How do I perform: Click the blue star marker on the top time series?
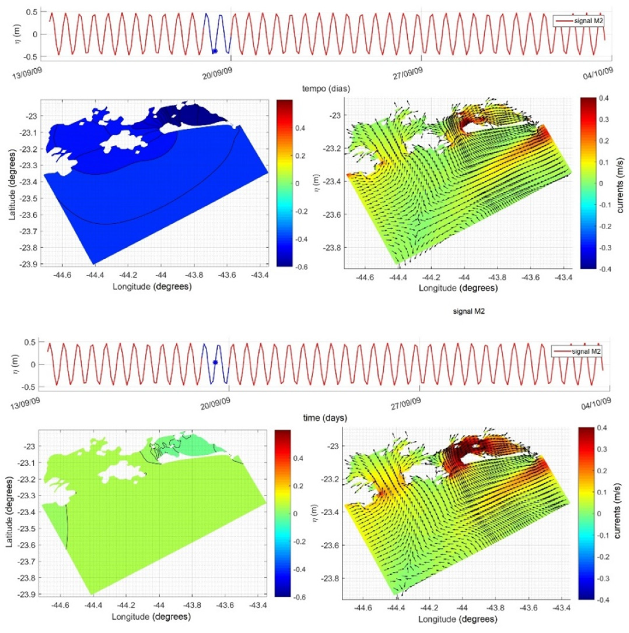point(215,51)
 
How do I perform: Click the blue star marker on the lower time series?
point(215,362)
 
